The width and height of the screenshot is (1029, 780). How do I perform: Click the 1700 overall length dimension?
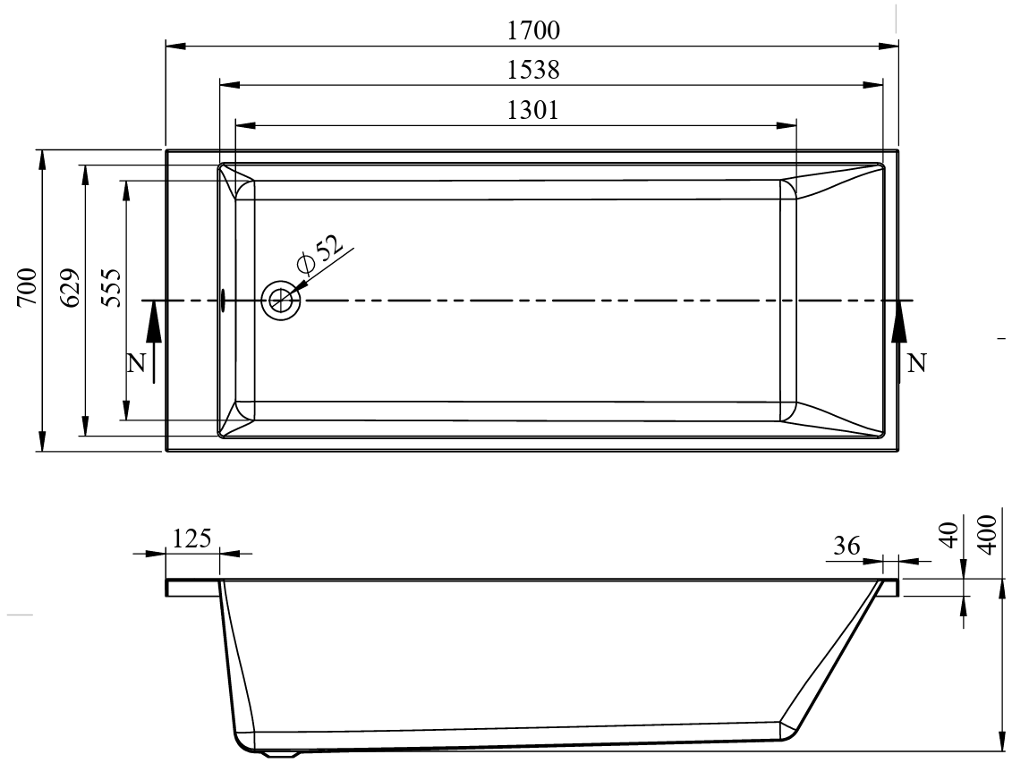point(533,30)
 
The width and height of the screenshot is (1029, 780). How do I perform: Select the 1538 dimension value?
point(533,70)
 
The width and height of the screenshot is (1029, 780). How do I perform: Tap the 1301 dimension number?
point(533,110)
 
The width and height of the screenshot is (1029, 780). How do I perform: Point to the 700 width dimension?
point(27,286)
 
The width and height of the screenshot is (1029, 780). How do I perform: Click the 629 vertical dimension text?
point(70,286)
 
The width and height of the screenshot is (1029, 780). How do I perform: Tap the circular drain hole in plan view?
point(281,301)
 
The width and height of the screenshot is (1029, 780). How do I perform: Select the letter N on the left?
point(136,363)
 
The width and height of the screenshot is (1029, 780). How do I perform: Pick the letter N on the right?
point(917,362)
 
